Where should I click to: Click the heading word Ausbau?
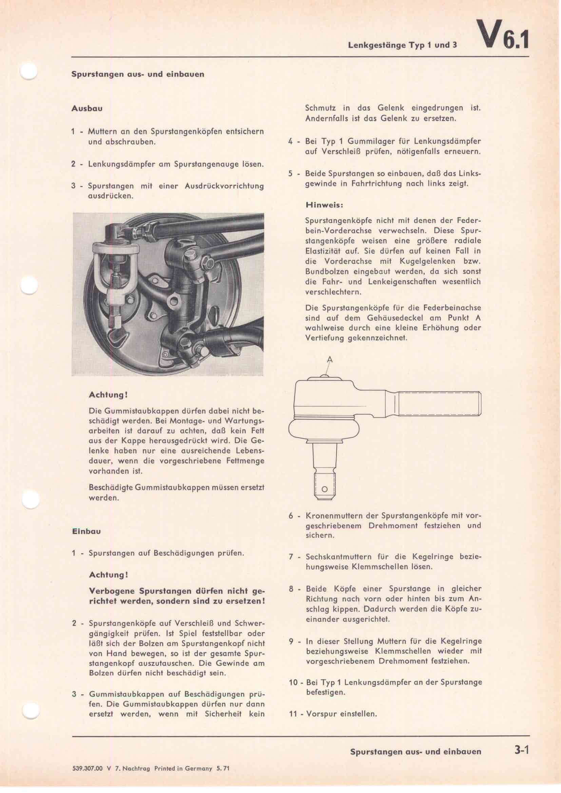coord(87,108)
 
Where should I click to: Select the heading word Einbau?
coord(86,532)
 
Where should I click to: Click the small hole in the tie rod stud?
coord(324,490)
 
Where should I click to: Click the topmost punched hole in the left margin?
coord(30,72)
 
